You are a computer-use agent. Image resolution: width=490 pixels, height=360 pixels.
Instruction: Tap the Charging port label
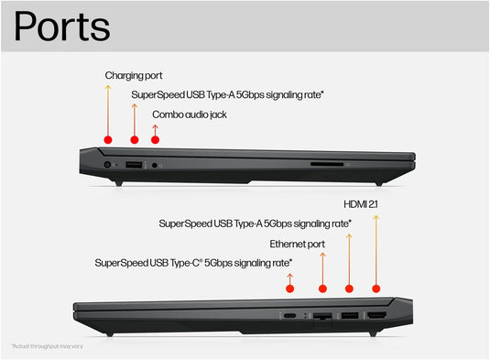tap(134, 75)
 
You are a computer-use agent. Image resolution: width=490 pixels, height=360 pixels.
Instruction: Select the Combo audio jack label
tap(190, 115)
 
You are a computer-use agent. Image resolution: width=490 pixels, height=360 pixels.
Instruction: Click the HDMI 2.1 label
tap(362, 203)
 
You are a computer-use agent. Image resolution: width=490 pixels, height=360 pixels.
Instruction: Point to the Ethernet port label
tap(297, 244)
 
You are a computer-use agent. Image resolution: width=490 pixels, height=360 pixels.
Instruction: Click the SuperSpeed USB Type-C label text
tap(193, 263)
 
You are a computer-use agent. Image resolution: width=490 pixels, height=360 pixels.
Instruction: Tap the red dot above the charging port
tap(108, 139)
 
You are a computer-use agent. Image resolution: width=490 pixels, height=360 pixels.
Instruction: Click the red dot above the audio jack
tap(155, 139)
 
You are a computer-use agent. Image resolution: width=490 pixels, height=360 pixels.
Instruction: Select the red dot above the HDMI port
tap(376, 289)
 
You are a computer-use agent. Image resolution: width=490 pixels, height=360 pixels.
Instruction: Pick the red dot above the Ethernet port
tap(322, 289)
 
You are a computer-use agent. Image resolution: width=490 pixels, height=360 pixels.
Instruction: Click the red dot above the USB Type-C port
tap(289, 289)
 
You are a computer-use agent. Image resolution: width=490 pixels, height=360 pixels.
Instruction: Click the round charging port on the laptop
tap(108, 164)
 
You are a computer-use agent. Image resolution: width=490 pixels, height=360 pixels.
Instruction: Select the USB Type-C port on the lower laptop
tap(289, 315)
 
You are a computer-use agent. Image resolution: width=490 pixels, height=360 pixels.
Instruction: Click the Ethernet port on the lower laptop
tap(322, 316)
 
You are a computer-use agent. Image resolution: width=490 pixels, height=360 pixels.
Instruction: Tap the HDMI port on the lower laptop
tap(376, 315)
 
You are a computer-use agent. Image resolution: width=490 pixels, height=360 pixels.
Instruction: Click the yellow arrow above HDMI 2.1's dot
tap(376, 247)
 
